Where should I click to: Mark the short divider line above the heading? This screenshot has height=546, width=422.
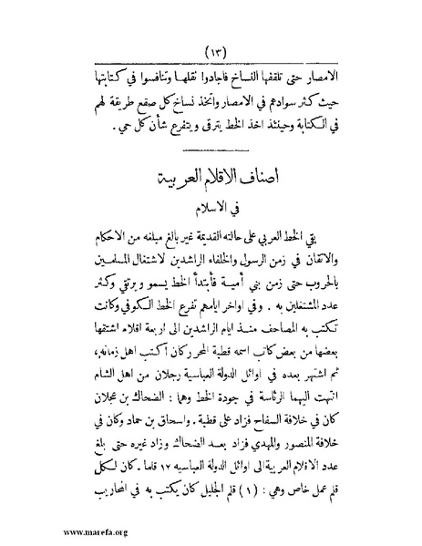pyautogui.click(x=216, y=145)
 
